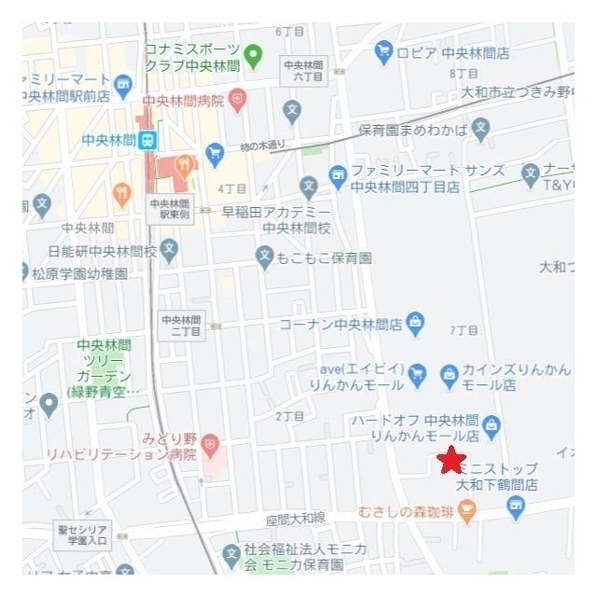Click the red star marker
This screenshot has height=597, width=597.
(x=451, y=459)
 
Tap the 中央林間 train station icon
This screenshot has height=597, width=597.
(x=146, y=140)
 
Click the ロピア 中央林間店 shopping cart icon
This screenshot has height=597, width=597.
(x=383, y=53)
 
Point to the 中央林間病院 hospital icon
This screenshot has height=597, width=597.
(x=239, y=99)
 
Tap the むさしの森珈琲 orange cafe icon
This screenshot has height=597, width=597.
(x=467, y=510)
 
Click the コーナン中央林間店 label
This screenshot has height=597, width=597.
(x=340, y=325)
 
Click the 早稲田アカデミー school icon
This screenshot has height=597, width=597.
(x=309, y=187)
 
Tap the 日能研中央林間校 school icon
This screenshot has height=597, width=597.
(x=169, y=249)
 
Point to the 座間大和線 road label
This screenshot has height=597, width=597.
(x=295, y=518)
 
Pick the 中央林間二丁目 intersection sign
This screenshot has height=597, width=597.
(x=182, y=326)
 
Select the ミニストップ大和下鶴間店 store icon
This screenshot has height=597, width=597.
(x=515, y=506)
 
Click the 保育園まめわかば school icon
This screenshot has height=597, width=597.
(x=480, y=129)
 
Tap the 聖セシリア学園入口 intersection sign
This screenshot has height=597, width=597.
(x=82, y=533)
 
